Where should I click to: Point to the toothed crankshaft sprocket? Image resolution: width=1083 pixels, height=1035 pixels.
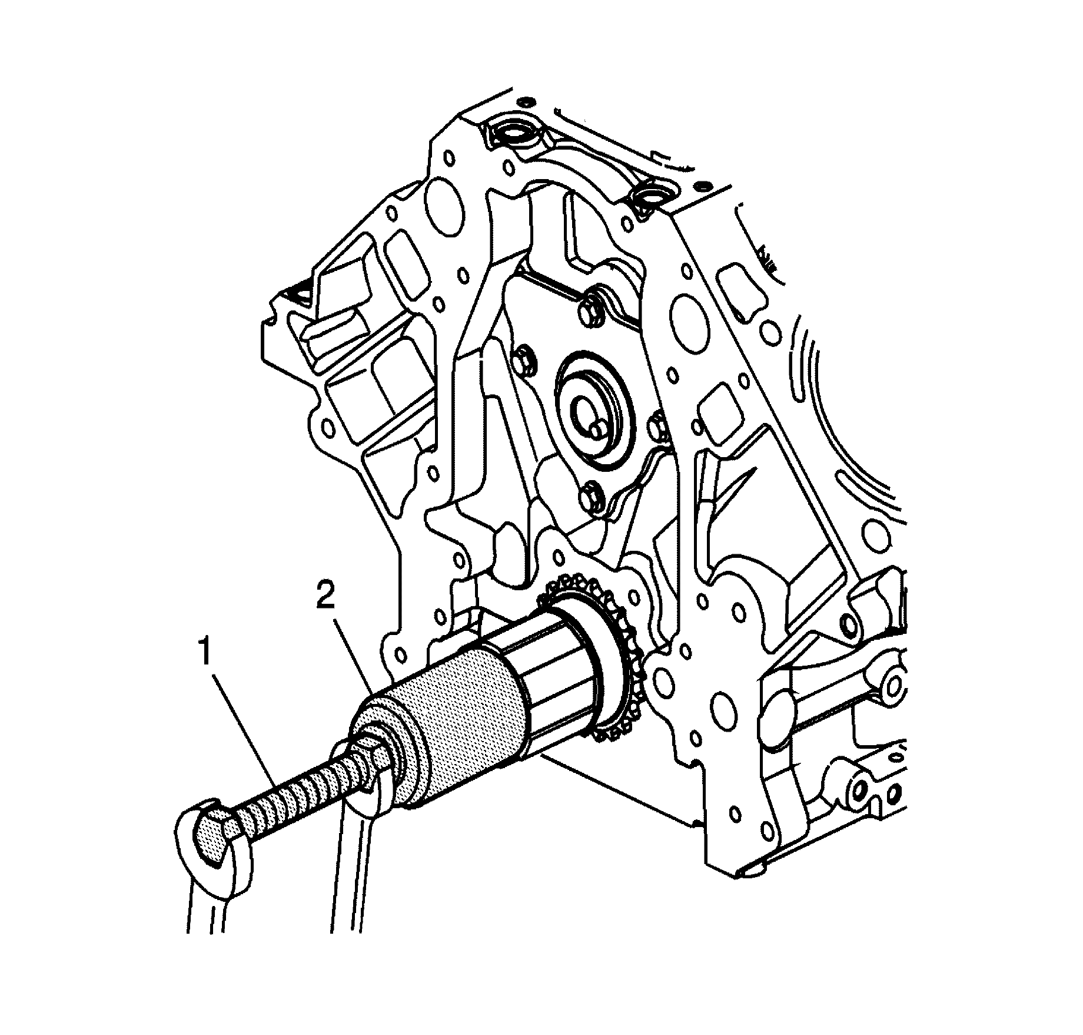coord(612,666)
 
